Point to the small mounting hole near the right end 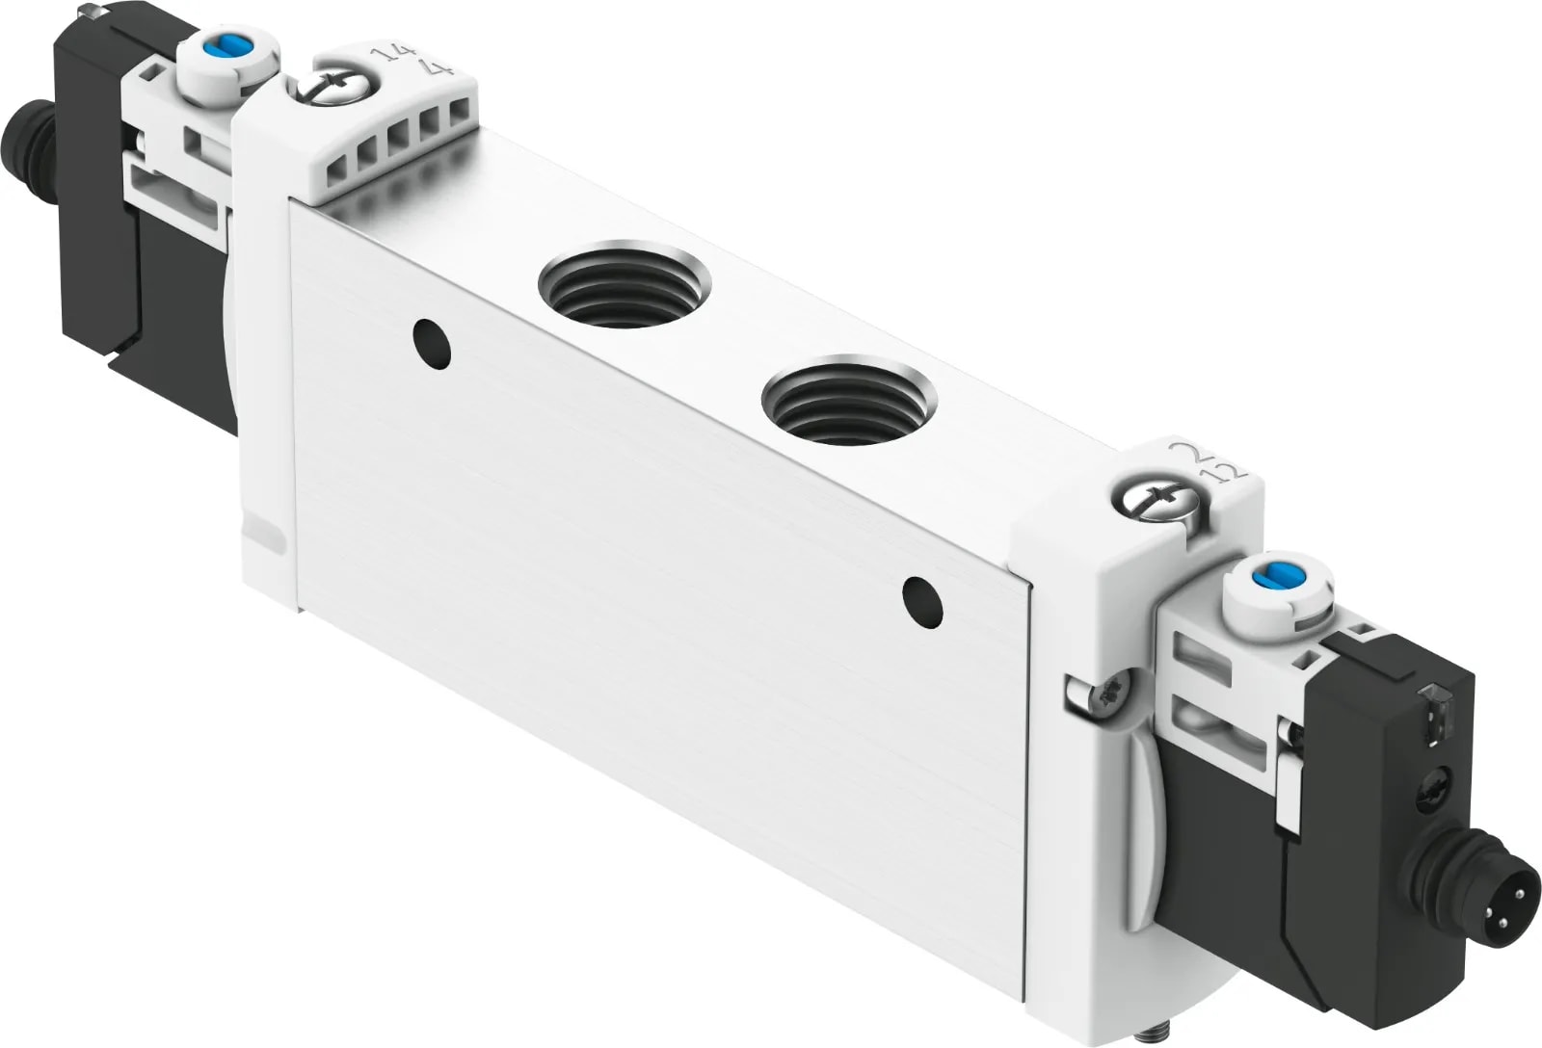click(x=922, y=600)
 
